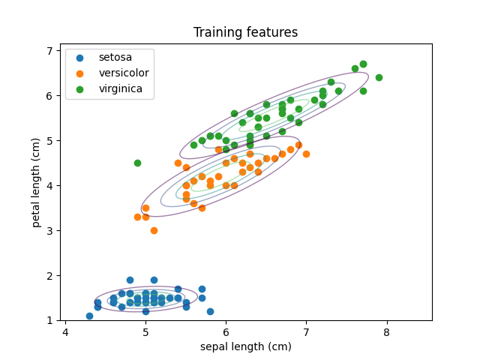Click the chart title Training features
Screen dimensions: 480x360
coord(245,32)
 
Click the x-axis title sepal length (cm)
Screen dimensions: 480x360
coord(246,346)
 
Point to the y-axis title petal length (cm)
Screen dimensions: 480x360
coord(36,183)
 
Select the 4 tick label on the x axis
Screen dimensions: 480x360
coord(65,332)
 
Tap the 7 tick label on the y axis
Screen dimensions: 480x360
coord(49,51)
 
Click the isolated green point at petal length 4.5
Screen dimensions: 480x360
coord(138,163)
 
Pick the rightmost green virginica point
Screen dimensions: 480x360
coord(379,78)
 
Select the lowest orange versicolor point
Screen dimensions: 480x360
coord(154,230)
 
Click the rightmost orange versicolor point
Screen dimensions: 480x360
coord(307,154)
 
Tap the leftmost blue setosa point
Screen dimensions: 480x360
coord(90,316)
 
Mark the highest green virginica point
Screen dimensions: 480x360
coord(363,64)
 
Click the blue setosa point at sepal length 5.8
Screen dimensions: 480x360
coord(210,312)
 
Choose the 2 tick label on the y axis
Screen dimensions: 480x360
coord(49,276)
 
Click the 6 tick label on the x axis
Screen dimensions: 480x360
coord(226,332)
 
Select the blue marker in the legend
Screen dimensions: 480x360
coord(80,58)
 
